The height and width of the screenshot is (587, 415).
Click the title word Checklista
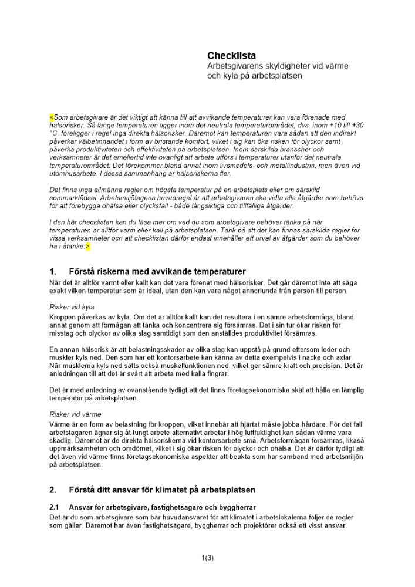pos(231,56)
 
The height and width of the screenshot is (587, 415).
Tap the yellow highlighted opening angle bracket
pos(51,117)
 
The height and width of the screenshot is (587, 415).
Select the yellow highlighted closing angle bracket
pos(87,247)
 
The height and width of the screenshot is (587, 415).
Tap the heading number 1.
pos(53,272)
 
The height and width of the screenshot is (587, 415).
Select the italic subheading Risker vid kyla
pos(72,306)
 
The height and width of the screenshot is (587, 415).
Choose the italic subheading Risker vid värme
pos(75,414)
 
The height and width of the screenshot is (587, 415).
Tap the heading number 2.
pos(53,490)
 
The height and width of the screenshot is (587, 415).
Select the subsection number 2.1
pos(55,507)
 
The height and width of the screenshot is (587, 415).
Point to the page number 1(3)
pos(207,558)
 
